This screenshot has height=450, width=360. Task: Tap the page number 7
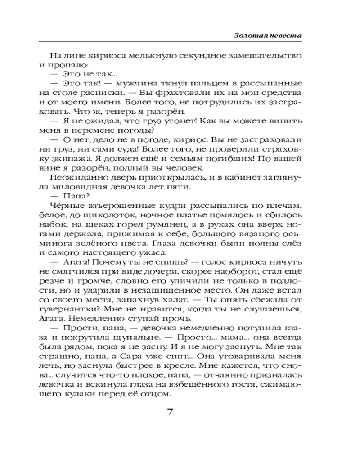[x=170, y=413]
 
